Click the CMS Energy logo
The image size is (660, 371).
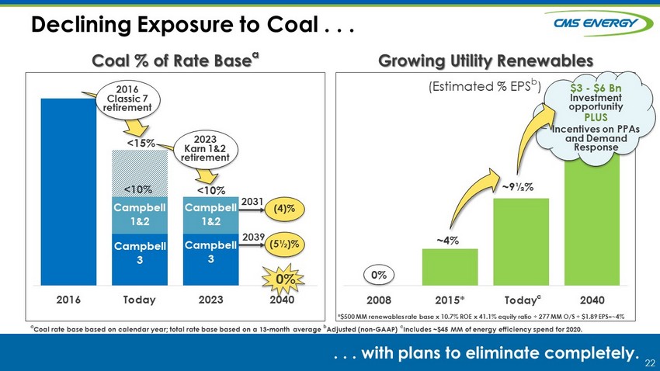[599, 23]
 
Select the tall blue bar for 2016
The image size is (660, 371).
[68, 192]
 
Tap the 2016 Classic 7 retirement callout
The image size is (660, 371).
[127, 99]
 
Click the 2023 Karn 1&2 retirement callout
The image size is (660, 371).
[205, 149]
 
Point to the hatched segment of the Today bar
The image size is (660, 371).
[140, 173]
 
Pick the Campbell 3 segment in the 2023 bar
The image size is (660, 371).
[211, 258]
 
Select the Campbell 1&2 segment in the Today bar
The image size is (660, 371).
[140, 215]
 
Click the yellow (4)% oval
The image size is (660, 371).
[284, 209]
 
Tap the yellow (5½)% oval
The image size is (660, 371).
[284, 244]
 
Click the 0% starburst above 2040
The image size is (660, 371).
[283, 279]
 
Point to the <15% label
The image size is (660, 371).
[141, 144]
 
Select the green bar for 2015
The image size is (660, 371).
[450, 267]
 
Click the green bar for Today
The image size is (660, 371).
[521, 242]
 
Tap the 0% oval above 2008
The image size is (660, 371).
[379, 275]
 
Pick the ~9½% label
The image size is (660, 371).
[518, 187]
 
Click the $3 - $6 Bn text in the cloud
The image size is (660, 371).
[596, 88]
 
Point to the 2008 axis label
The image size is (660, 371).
[379, 300]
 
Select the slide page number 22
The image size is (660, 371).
[650, 363]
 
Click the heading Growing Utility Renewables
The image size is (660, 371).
[485, 61]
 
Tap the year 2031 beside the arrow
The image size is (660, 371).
[252, 202]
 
